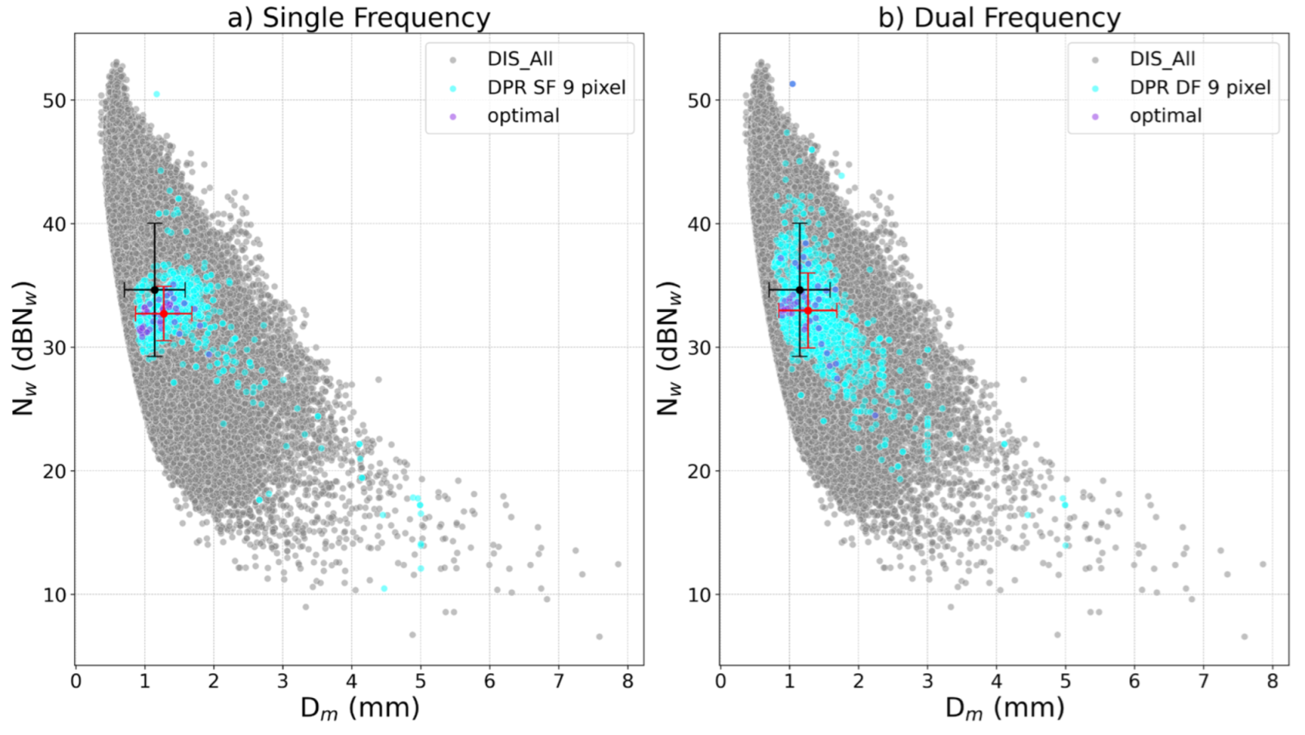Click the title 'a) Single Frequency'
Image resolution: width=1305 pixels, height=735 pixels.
click(x=358, y=17)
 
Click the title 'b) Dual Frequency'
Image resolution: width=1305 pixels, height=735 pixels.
click(x=999, y=17)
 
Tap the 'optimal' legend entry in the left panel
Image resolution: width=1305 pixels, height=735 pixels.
click(x=522, y=116)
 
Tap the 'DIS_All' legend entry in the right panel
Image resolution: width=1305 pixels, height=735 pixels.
click(x=1161, y=59)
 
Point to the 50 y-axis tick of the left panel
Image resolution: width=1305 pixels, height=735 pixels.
click(x=55, y=100)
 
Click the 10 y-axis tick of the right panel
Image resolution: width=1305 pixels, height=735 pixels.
click(x=699, y=595)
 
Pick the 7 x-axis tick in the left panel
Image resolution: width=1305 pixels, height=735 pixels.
click(x=559, y=682)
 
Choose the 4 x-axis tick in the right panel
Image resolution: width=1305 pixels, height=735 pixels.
click(x=996, y=682)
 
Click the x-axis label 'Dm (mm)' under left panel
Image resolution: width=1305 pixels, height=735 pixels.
click(x=360, y=707)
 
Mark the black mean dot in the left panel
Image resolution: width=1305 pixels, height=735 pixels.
click(x=154, y=290)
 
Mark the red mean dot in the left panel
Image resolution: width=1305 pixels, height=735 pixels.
click(x=164, y=313)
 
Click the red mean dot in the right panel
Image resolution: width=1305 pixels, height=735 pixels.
click(x=808, y=310)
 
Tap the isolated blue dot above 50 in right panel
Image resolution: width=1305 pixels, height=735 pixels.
click(x=792, y=84)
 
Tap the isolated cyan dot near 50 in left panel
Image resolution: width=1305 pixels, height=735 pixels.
click(x=157, y=94)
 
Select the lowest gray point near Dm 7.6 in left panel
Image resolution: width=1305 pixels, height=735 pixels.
click(x=599, y=637)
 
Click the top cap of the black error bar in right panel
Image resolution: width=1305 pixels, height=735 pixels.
click(x=800, y=224)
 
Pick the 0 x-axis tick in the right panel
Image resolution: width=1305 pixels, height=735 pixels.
click(x=720, y=682)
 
